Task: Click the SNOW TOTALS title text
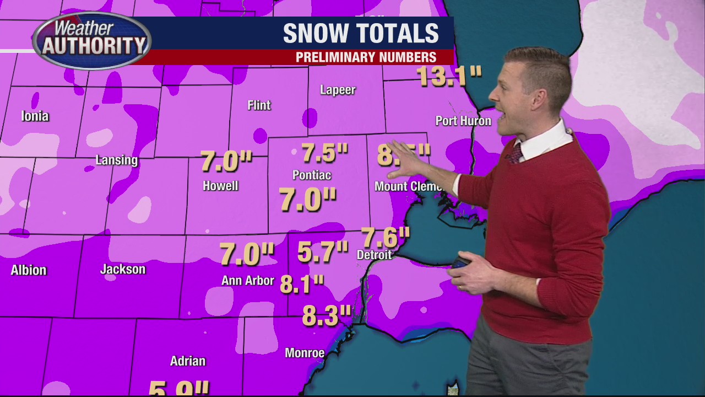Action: pyautogui.click(x=361, y=34)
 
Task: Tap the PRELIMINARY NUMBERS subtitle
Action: pyautogui.click(x=366, y=57)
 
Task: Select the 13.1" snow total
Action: pyautogui.click(x=449, y=76)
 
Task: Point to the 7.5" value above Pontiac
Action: pyautogui.click(x=325, y=153)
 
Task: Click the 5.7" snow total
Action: pyautogui.click(x=323, y=251)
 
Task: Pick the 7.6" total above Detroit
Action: pyautogui.click(x=386, y=237)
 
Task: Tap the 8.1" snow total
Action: pyautogui.click(x=302, y=284)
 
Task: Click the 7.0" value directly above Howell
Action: pyautogui.click(x=226, y=161)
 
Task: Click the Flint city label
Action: pyautogui.click(x=259, y=105)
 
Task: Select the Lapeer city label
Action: pyautogui.click(x=338, y=90)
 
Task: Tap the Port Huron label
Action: pyautogui.click(x=463, y=121)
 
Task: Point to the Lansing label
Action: pyautogui.click(x=116, y=160)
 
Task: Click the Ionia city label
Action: pyautogui.click(x=35, y=116)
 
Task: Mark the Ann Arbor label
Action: pyautogui.click(x=247, y=281)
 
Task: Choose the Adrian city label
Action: pyautogui.click(x=187, y=361)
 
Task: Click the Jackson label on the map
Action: pyautogui.click(x=123, y=269)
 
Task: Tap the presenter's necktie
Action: pyautogui.click(x=514, y=153)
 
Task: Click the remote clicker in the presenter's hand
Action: pyautogui.click(x=460, y=262)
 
